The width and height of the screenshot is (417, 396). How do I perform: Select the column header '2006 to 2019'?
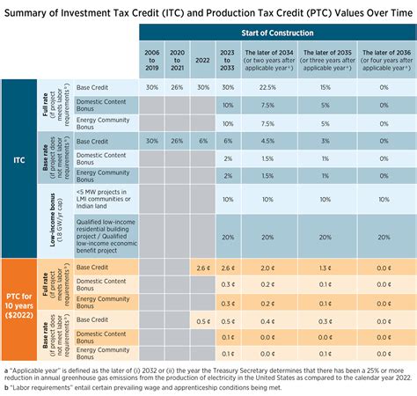click(151, 58)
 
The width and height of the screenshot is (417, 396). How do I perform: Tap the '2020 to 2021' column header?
click(177, 58)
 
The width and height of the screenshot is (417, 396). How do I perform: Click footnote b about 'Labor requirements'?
click(176, 386)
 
